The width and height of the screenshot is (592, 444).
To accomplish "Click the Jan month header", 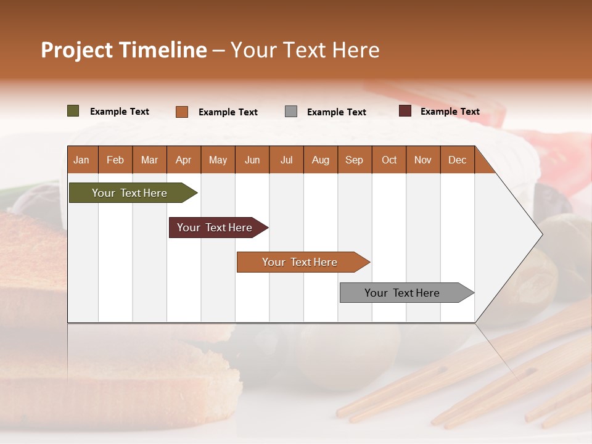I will (81, 160).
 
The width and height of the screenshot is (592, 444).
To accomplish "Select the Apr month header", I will (183, 160).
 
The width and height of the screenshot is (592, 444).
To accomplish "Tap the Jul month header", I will (286, 160).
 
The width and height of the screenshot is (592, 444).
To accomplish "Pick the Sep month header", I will (354, 160).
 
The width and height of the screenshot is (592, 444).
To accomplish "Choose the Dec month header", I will (457, 160).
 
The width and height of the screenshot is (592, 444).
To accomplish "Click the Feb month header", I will (115, 160).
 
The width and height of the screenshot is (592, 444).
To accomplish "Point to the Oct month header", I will (389, 160).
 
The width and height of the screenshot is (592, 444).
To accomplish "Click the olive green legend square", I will (73, 111).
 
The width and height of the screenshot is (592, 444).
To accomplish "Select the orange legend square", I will (182, 112).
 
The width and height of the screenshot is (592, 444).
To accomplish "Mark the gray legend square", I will (291, 112).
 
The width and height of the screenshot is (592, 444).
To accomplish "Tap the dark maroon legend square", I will (405, 111).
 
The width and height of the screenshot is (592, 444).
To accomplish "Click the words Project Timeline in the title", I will (124, 50).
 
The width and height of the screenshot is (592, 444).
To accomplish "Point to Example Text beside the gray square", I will (337, 112).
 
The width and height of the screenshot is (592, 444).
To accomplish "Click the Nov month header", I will (423, 160).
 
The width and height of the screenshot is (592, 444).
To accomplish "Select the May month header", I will (218, 160).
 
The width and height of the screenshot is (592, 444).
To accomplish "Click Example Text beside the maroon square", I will (450, 112).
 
